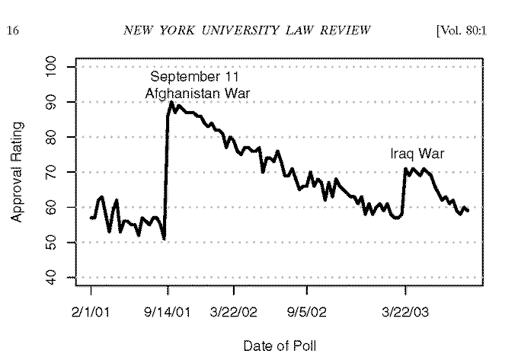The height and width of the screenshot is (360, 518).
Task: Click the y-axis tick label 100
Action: coord(52,67)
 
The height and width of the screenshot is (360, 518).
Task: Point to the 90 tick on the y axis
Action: coord(52,102)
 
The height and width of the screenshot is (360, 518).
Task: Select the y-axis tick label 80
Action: coord(52,137)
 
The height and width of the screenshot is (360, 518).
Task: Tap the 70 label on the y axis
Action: coord(52,172)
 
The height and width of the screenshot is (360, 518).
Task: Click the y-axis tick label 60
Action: coord(52,207)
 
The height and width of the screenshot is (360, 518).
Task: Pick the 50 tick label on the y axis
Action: coord(52,243)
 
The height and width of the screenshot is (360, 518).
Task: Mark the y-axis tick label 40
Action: coord(52,278)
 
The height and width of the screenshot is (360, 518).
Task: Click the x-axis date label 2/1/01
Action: coord(91,312)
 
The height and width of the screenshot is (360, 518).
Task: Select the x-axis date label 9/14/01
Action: coord(168,312)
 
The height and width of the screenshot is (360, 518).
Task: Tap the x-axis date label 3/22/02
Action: coord(234,312)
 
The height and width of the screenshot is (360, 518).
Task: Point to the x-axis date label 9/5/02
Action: coord(307,312)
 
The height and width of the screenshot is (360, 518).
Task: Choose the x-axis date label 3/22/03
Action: coord(405,312)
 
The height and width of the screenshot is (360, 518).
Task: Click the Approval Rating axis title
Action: coord(17,172)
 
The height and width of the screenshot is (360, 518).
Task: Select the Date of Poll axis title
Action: coord(280,346)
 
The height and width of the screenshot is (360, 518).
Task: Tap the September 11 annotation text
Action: coord(194,77)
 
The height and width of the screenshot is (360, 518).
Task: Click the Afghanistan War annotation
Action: coord(197,94)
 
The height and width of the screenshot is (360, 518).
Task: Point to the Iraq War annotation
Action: coord(417,154)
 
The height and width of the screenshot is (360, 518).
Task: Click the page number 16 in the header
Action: coord(13,30)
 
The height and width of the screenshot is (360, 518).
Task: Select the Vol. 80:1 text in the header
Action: coord(462,30)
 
